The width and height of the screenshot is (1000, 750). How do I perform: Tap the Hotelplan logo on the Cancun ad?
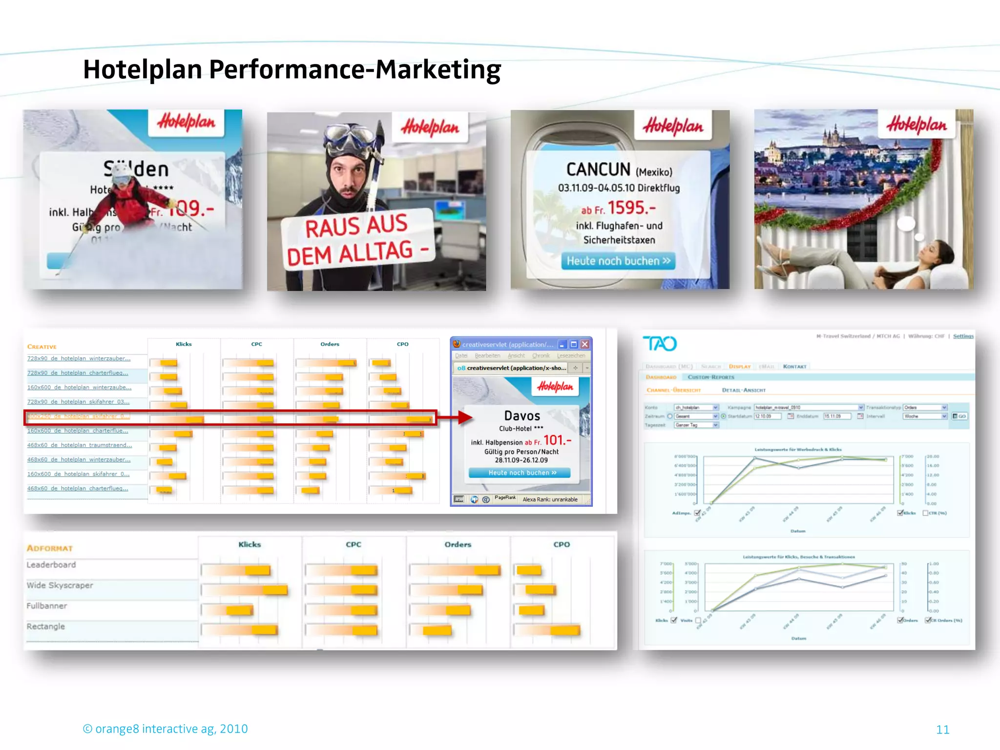point(673,126)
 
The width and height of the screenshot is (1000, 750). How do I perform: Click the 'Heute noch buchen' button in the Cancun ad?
point(618,261)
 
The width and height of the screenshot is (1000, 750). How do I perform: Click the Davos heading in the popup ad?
point(522,416)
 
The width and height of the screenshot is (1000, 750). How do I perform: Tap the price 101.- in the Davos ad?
point(557,440)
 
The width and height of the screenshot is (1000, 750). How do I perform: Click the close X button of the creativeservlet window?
point(584,344)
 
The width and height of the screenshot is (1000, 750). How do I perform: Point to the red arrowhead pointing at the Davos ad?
point(465,417)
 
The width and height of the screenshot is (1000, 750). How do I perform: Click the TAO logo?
point(660,344)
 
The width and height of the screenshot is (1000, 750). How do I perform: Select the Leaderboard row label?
point(51,565)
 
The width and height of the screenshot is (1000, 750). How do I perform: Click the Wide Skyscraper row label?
point(60,585)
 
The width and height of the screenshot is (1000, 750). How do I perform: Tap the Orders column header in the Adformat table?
point(458,544)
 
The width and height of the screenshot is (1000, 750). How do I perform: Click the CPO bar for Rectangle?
point(564,630)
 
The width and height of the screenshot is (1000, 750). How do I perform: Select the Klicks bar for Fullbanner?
point(239,610)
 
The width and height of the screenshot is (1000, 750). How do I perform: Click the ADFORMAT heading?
point(50,548)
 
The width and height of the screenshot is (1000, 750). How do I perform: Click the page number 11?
point(942,729)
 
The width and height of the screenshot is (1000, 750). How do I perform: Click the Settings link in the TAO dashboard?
point(963,336)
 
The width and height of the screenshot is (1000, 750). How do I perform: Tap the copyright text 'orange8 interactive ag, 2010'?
point(171,729)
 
